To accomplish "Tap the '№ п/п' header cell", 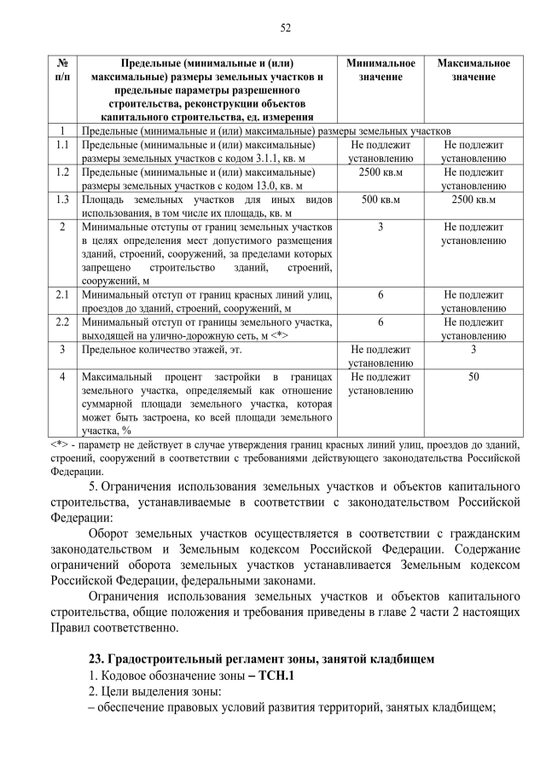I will (62, 70).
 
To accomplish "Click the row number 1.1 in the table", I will (61, 146).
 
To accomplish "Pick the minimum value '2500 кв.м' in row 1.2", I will (380, 172).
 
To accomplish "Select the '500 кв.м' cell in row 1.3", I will (380, 200).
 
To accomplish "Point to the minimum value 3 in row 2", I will (380, 227).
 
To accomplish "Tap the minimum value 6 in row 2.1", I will (380, 295).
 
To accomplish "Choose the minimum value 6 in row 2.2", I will (380, 322).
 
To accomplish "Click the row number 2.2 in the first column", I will (61, 322).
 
